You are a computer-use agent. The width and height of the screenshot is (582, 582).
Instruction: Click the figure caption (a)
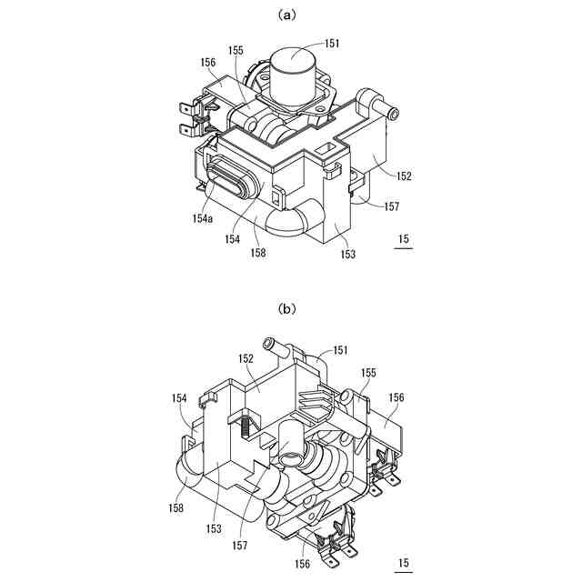[290, 15]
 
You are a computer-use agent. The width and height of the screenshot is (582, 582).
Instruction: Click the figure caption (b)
[290, 309]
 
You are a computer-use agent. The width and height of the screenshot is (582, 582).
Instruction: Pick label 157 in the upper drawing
[392, 206]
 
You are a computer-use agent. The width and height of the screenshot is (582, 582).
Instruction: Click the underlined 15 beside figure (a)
[404, 241]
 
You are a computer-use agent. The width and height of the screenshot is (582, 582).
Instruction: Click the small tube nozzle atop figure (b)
[269, 344]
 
